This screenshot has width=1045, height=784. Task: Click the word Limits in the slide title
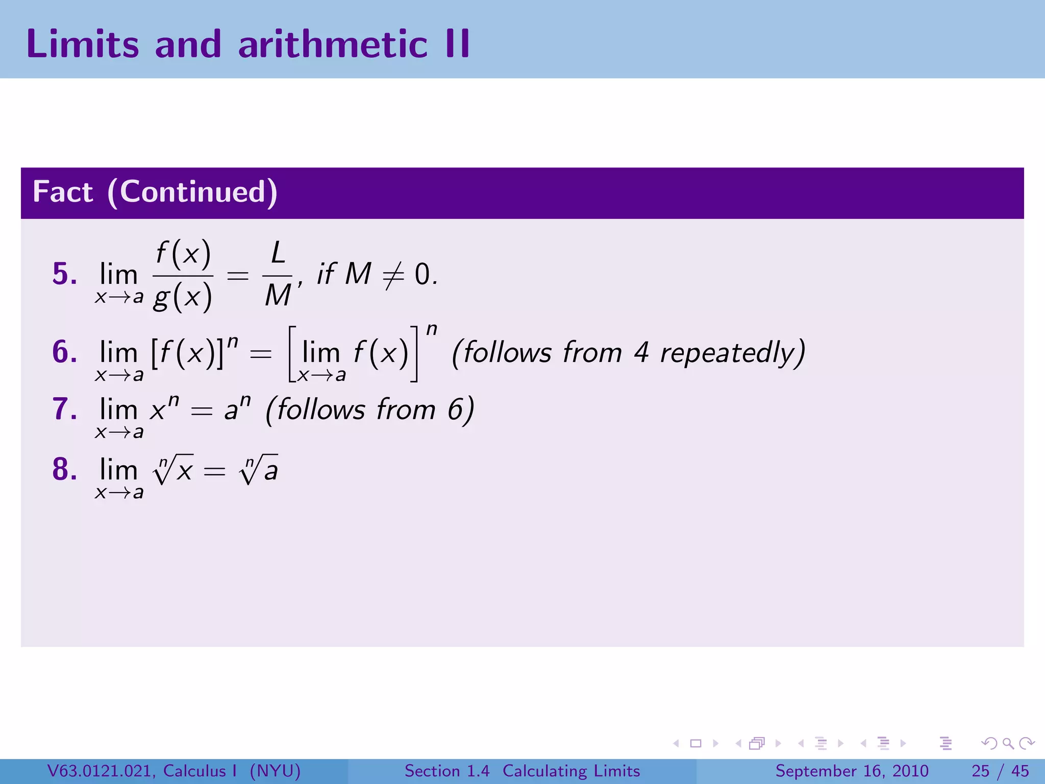click(82, 44)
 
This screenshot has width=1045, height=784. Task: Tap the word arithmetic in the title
click(333, 44)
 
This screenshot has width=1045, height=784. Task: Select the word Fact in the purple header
click(63, 192)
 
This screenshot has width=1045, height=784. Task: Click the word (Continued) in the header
click(192, 192)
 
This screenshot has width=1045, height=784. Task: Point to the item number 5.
click(64, 274)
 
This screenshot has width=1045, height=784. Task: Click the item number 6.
click(64, 352)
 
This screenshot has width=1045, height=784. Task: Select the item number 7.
click(64, 409)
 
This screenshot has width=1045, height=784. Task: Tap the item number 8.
click(64, 470)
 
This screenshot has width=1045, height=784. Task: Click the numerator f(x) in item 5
click(183, 254)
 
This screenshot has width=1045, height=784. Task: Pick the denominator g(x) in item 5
click(183, 297)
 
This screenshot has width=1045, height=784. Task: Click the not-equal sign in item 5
click(393, 275)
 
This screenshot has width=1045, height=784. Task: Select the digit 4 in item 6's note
click(641, 353)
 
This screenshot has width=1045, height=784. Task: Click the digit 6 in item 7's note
click(455, 410)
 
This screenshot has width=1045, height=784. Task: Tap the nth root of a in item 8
click(259, 470)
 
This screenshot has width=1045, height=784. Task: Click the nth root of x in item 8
click(173, 470)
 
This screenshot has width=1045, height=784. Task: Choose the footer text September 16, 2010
click(852, 771)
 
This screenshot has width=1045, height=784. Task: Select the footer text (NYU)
click(275, 771)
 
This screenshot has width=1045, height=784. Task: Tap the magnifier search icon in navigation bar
click(1008, 743)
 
